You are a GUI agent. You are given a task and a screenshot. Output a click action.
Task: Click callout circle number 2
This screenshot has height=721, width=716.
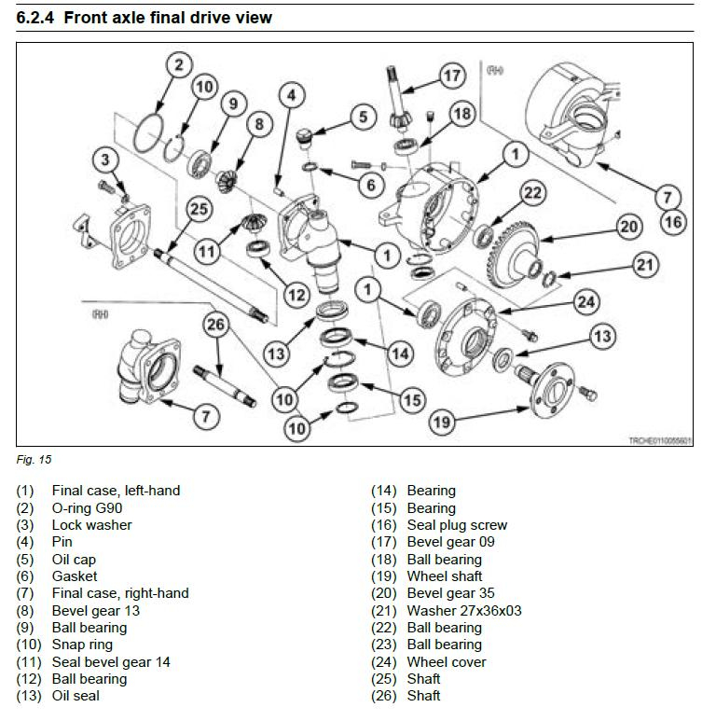point(179,64)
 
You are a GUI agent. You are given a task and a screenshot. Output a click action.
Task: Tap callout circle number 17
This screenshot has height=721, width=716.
point(452,75)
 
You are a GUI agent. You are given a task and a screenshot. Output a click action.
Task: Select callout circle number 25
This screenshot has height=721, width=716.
point(199,209)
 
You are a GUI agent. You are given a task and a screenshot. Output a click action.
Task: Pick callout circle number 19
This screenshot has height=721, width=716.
point(442,422)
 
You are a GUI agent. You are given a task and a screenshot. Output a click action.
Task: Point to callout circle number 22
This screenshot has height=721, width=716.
point(531,193)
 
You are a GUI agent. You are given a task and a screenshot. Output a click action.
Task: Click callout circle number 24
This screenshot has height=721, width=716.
point(586,300)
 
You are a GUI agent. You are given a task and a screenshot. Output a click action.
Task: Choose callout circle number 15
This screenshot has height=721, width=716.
point(411,399)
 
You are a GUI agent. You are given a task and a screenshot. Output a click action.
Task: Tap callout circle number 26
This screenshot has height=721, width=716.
point(215,325)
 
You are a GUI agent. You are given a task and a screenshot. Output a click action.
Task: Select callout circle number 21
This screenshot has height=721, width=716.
point(645,265)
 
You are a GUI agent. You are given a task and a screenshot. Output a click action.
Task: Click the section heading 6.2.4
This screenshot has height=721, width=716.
point(145,17)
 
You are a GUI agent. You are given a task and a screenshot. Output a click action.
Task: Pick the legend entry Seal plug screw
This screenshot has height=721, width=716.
point(457,525)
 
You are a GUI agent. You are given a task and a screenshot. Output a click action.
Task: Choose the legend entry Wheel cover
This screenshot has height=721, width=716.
point(447,662)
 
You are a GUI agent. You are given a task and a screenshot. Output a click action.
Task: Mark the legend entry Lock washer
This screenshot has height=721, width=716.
point(91,525)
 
